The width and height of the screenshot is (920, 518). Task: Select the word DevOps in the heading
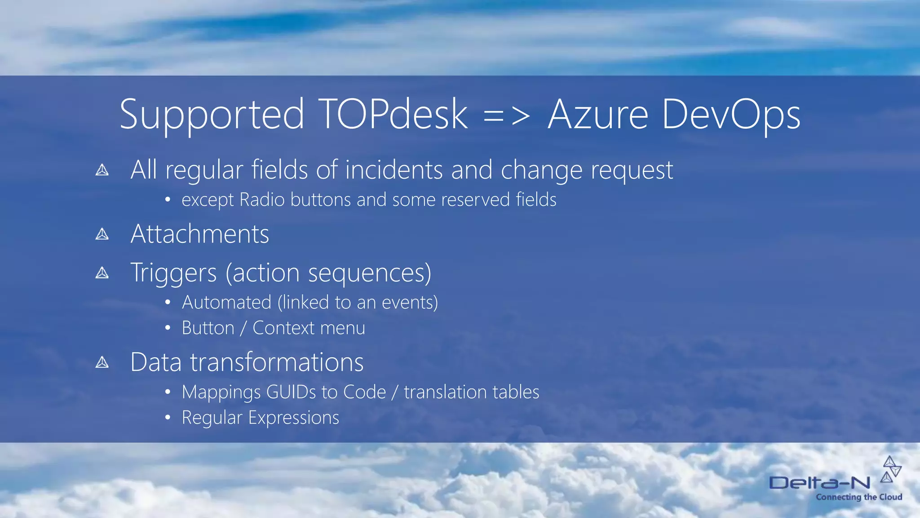click(x=731, y=115)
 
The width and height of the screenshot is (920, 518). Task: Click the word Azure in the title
click(x=598, y=115)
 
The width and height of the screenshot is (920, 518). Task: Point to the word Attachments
click(x=200, y=234)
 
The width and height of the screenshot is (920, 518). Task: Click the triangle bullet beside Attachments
click(x=102, y=234)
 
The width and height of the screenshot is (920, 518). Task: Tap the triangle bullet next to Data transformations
click(x=102, y=362)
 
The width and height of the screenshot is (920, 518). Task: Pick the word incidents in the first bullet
click(x=394, y=170)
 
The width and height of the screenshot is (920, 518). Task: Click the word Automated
click(x=226, y=302)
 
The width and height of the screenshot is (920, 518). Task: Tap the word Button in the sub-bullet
click(x=208, y=328)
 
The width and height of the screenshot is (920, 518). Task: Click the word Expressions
click(x=294, y=418)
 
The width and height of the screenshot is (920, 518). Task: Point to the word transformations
click(x=277, y=362)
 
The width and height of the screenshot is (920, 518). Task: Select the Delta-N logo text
click(x=820, y=483)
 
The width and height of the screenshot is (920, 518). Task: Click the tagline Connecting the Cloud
click(x=859, y=497)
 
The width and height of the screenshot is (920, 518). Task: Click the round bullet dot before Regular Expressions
click(x=168, y=418)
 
